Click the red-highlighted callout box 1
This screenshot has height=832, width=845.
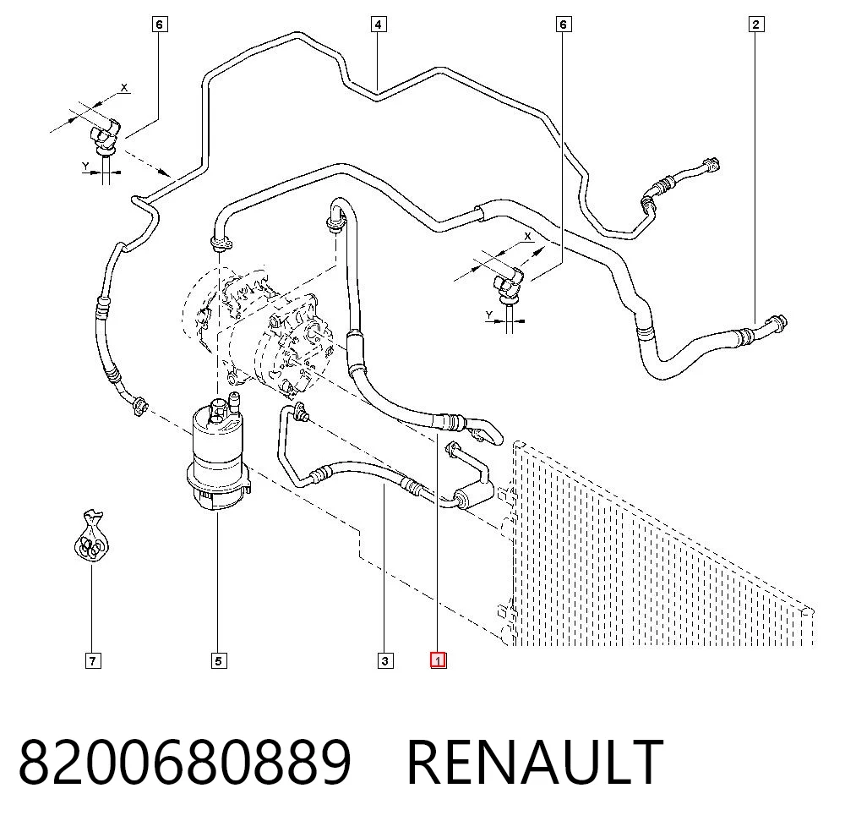click(x=438, y=660)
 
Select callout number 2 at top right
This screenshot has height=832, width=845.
click(x=756, y=25)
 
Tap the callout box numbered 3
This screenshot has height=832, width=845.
click(x=384, y=660)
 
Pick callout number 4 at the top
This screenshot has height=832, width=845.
click(x=379, y=25)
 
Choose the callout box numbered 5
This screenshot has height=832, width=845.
click(x=218, y=660)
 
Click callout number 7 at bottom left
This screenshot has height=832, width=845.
click(x=93, y=660)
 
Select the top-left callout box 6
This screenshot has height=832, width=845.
click(x=159, y=25)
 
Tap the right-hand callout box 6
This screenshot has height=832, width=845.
click(x=563, y=25)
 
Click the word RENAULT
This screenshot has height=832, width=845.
click(x=535, y=762)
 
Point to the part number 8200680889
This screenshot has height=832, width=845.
click(x=185, y=762)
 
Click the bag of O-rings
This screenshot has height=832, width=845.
click(x=91, y=537)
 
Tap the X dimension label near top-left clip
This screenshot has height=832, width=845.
click(x=124, y=87)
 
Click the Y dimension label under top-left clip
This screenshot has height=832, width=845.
click(x=85, y=167)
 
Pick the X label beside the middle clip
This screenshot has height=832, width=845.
click(x=527, y=236)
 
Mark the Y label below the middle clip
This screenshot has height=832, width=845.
click(x=488, y=315)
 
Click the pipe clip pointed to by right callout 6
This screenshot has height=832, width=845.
click(x=508, y=285)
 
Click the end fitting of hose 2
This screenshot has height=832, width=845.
click(x=777, y=322)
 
